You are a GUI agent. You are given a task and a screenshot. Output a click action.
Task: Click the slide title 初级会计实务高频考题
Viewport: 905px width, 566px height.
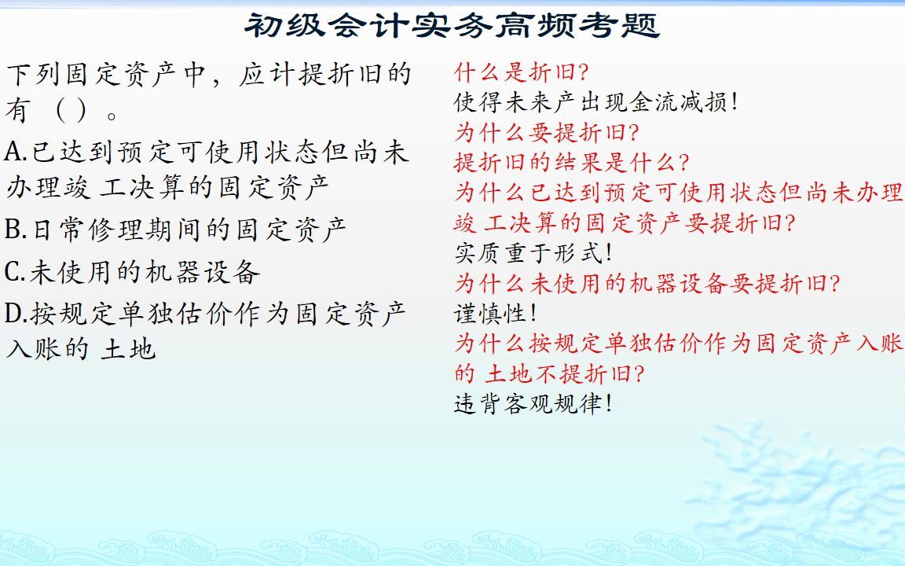[x=452, y=25]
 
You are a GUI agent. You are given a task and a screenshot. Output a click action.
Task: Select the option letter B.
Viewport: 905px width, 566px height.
[x=15, y=230]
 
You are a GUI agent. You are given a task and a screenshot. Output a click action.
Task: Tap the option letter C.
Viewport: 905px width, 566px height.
[x=15, y=272]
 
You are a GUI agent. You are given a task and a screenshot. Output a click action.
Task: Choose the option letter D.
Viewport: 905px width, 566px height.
[x=16, y=314]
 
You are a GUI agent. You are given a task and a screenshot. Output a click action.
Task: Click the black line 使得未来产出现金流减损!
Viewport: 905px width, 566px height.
[x=596, y=102]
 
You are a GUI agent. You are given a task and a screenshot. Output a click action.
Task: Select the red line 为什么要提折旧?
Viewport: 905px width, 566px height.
[x=547, y=131]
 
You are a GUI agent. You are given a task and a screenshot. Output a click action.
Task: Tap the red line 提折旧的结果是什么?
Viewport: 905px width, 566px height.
[x=572, y=162]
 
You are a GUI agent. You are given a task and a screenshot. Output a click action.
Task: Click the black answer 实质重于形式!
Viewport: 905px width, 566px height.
[x=533, y=253]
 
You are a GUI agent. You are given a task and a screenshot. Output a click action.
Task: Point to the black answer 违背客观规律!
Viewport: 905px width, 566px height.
[x=533, y=404]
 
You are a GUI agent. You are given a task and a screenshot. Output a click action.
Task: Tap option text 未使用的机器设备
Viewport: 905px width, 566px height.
[x=145, y=272]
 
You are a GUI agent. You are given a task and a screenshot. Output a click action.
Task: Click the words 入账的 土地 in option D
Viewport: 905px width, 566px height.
[x=81, y=348]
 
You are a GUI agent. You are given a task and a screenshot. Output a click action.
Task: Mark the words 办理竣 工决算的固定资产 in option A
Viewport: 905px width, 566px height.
[x=167, y=187]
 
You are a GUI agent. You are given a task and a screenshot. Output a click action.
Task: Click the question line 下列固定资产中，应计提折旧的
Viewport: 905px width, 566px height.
[x=208, y=75]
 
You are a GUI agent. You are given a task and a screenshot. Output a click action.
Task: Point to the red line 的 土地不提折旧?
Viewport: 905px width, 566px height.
[x=550, y=373]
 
